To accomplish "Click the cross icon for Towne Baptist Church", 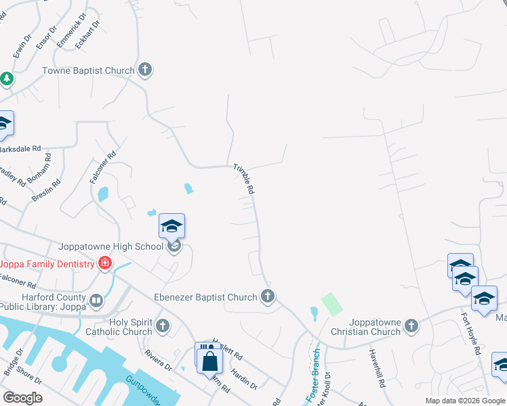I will (x=144, y=69).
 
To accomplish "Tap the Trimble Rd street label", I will (x=244, y=179).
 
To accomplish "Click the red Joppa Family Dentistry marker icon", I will (x=104, y=263).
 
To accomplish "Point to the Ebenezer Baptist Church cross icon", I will (x=268, y=296).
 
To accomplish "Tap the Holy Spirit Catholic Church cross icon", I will (x=162, y=326).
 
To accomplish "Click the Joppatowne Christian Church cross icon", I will (x=411, y=327).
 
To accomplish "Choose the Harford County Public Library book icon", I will (x=96, y=300).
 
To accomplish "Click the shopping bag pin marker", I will (x=210, y=360).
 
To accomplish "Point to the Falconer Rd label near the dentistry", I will (x=18, y=280).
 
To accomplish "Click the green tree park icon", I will (x=6, y=79).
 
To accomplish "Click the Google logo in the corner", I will (x=22, y=398).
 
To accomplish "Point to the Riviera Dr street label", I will (x=158, y=360).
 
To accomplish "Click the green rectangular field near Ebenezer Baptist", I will (x=331, y=304).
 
